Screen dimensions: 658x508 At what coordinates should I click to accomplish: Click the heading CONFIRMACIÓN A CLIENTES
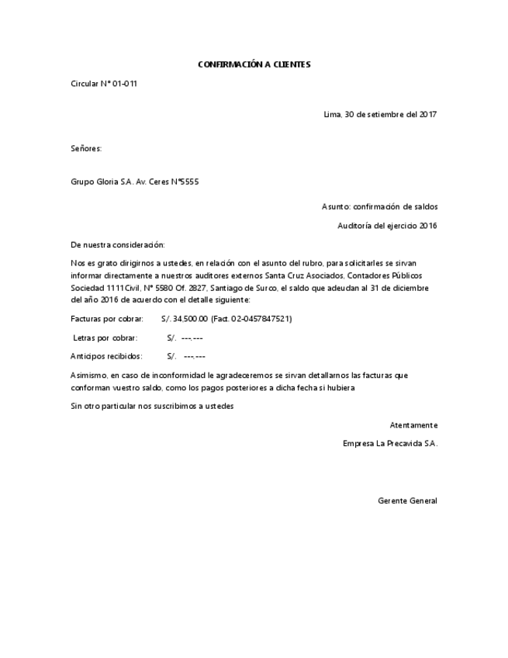click(254, 64)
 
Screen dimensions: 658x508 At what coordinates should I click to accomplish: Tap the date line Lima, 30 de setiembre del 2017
click(380, 115)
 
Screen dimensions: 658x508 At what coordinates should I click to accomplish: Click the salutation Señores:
click(86, 147)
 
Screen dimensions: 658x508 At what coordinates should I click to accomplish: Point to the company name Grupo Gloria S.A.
click(102, 182)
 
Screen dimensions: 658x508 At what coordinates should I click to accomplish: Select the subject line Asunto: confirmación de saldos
click(379, 206)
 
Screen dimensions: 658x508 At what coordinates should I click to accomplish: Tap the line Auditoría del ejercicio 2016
click(387, 226)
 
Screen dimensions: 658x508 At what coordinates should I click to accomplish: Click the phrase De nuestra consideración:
click(117, 244)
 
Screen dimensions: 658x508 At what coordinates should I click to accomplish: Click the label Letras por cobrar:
click(105, 338)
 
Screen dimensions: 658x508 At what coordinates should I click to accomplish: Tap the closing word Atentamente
click(413, 425)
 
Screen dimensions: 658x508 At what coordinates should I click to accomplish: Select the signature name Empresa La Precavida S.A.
click(390, 444)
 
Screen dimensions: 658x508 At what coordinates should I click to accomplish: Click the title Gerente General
click(407, 500)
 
